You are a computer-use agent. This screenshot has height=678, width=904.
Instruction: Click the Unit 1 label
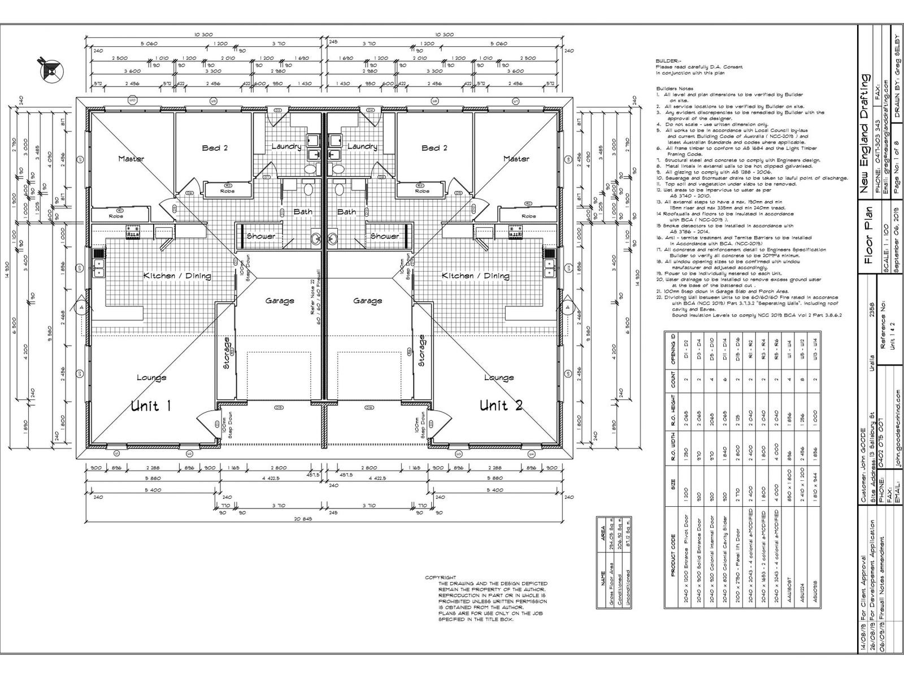tap(151, 405)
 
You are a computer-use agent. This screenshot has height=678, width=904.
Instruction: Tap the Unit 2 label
tap(501, 405)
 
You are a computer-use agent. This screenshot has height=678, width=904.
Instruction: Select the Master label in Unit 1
tap(131, 159)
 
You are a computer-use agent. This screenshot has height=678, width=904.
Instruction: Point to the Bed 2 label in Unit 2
tap(434, 148)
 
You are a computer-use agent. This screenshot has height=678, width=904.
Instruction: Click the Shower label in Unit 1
tap(260, 236)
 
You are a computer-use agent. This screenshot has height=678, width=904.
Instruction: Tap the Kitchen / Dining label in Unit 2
tap(475, 276)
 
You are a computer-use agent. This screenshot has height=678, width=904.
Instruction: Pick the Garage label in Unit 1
tap(280, 301)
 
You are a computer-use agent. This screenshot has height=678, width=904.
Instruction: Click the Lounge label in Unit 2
tap(499, 377)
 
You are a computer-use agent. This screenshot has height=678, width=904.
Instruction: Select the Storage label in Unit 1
tap(227, 353)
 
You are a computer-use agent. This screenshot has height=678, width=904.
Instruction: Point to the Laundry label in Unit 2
tap(362, 146)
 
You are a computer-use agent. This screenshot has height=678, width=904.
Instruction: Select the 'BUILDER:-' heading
tap(669, 60)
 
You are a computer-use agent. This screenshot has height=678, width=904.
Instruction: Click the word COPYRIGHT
tap(440, 577)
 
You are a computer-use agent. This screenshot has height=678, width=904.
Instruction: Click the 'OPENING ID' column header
tap(673, 348)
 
